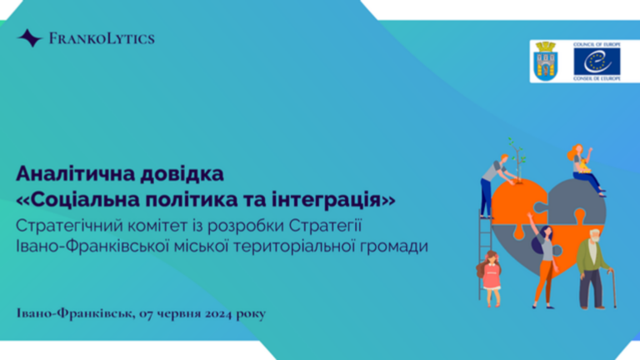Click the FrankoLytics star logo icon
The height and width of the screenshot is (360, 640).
(x=30, y=38)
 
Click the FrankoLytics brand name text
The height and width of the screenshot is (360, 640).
(x=102, y=39)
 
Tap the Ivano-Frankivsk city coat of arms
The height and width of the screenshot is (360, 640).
(x=546, y=61)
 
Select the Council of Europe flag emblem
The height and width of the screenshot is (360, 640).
(x=597, y=61)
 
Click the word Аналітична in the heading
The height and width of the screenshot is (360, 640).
(x=75, y=174)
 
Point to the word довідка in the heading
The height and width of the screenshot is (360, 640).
(x=182, y=174)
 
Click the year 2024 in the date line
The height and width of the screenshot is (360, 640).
(x=218, y=314)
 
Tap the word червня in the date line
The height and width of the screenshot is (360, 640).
(x=179, y=314)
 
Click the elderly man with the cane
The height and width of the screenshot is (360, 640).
(x=592, y=269)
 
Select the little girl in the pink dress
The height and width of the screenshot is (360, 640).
(x=491, y=279)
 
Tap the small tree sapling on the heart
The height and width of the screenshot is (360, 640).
(x=517, y=161)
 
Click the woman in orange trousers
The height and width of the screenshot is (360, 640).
(x=544, y=261)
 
